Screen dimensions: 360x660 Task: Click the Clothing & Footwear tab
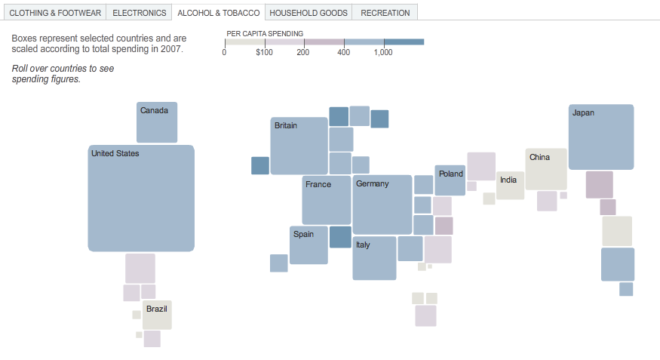click(55, 13)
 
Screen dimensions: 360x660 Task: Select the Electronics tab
click(140, 13)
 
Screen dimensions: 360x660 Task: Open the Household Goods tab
click(309, 13)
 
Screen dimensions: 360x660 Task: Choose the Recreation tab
click(385, 13)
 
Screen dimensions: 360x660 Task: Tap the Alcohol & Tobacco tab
click(219, 13)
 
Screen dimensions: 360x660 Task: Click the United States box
click(141, 198)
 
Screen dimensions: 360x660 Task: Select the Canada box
click(157, 122)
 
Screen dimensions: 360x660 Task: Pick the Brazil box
click(157, 315)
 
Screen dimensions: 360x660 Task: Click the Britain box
click(299, 146)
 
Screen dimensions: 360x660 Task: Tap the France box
click(327, 200)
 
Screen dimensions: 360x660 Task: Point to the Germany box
click(382, 205)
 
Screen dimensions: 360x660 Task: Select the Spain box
click(309, 245)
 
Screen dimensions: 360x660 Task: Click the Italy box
click(374, 258)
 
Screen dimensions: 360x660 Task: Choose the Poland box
click(450, 180)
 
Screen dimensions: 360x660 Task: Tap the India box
click(511, 186)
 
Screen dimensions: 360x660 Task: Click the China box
click(546, 169)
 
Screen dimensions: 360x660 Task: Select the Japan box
click(601, 137)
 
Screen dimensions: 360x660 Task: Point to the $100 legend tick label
click(264, 52)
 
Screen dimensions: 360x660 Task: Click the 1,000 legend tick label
click(383, 52)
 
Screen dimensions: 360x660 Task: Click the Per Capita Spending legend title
click(265, 33)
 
